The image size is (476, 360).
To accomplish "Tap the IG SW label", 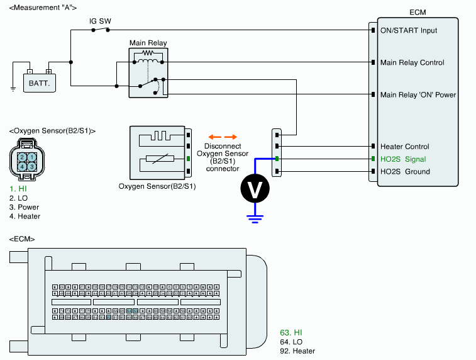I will point(101,21).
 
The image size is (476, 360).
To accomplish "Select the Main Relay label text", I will point(148,43).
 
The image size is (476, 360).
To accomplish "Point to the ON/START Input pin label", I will point(408,30).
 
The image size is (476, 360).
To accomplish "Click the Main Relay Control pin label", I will point(412,62).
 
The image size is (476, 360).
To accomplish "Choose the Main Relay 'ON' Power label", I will point(418,95).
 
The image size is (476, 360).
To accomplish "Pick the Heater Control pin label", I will point(404,147).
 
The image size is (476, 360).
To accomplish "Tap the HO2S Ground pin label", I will point(405,171).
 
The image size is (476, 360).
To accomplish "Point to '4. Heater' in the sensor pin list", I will point(25,217).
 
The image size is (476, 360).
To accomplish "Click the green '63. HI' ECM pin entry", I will point(292,332).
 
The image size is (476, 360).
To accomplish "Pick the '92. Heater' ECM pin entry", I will point(297,351).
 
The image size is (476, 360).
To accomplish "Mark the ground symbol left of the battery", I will point(13,88).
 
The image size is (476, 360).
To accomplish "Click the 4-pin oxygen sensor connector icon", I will point(26,160).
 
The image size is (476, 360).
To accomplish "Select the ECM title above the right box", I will point(417,11).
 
